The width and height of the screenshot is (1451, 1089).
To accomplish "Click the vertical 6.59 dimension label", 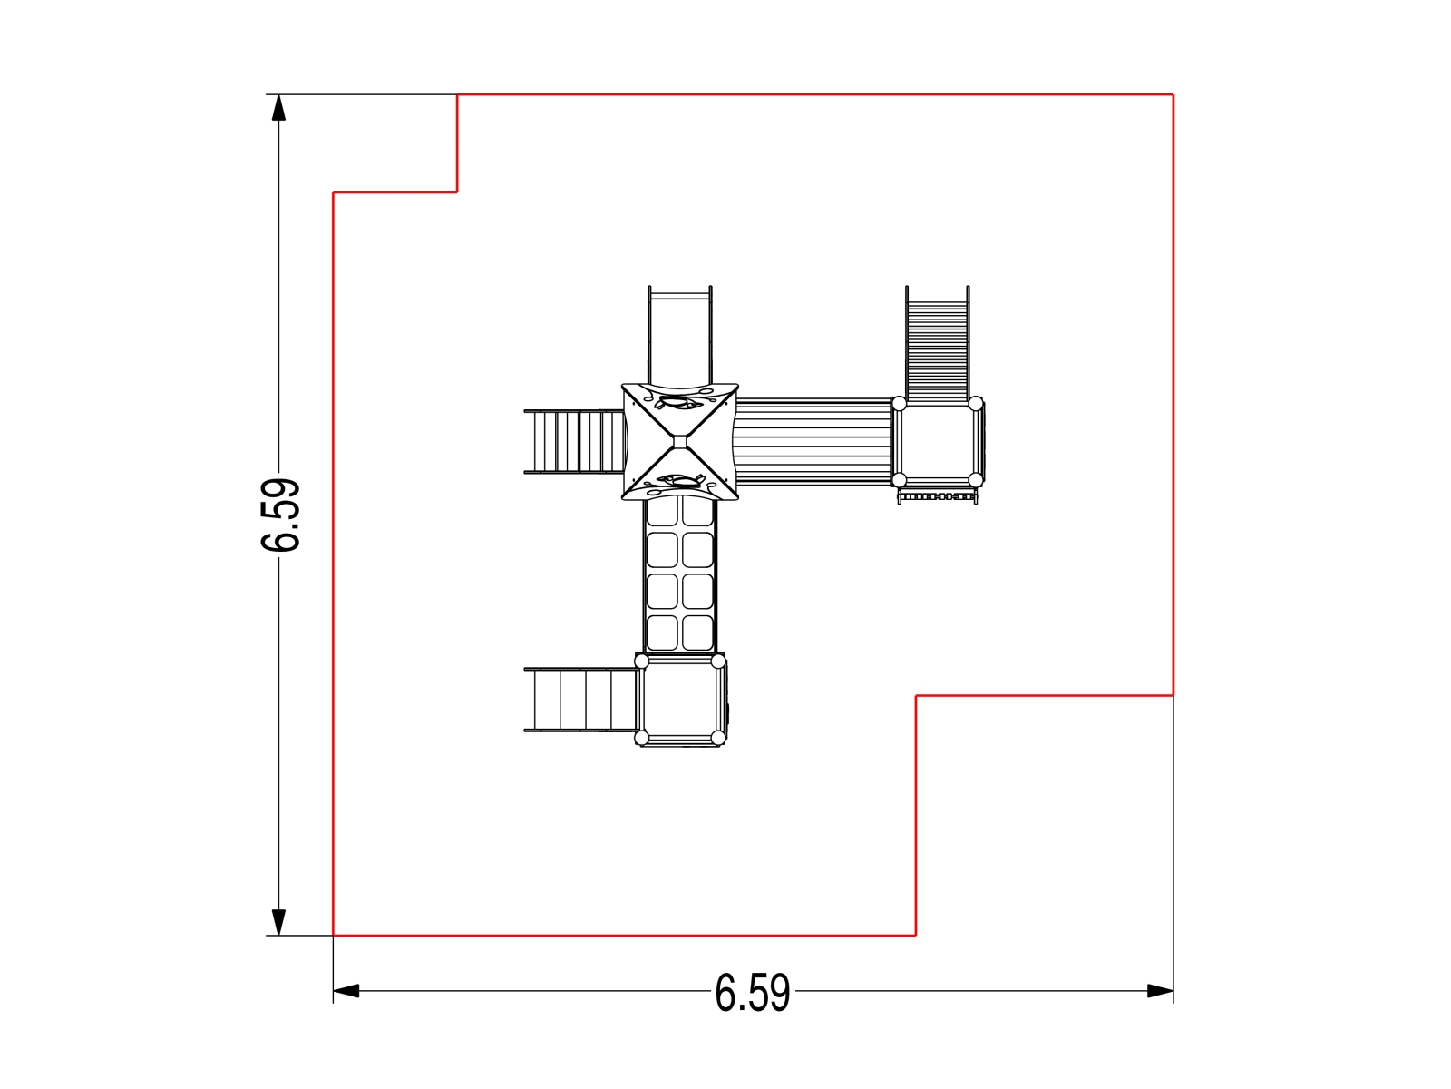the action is (x=279, y=515).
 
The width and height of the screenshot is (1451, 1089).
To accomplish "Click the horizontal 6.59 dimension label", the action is (x=753, y=993).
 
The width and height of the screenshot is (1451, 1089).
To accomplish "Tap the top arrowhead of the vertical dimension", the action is (x=279, y=108).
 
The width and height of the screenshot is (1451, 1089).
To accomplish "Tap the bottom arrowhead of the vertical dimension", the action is (x=279, y=922).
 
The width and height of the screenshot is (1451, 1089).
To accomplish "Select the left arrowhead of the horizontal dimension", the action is (x=346, y=991).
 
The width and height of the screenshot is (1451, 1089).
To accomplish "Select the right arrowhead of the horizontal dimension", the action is (x=1160, y=991).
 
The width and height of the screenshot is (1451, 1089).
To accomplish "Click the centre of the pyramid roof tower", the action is (x=680, y=442).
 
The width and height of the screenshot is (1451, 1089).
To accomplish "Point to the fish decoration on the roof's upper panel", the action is (x=677, y=401).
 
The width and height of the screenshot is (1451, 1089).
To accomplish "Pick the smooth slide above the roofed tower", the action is (x=680, y=335).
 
